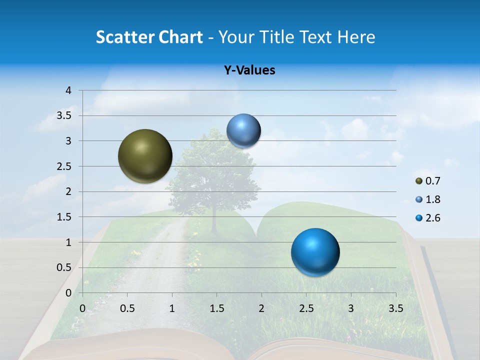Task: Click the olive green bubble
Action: tap(145, 156)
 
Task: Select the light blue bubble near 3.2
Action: tap(243, 131)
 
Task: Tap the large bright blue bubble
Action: tap(315, 252)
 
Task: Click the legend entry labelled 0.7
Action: tap(428, 181)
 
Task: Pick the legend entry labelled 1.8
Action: tap(428, 199)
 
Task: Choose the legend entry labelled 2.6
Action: tap(428, 218)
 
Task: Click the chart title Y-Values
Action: tap(249, 70)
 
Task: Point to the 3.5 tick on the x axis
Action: tap(395, 308)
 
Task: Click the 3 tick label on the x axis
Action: tap(351, 308)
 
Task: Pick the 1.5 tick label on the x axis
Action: tap(216, 308)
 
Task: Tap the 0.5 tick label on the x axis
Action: tap(127, 308)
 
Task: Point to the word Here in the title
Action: tap(355, 37)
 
